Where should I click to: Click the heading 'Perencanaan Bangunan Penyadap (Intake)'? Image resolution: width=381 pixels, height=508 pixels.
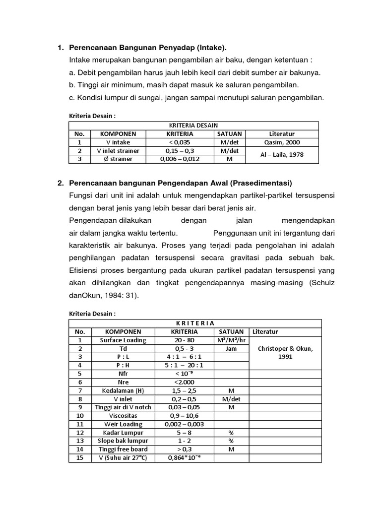pyautogui.click(x=147, y=48)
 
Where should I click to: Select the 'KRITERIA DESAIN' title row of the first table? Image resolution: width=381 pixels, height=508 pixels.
pyautogui.click(x=193, y=126)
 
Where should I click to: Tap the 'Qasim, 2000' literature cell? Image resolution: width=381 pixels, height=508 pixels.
pyautogui.click(x=282, y=142)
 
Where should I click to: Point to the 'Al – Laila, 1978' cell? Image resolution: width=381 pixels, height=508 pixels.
pyautogui.click(x=282, y=154)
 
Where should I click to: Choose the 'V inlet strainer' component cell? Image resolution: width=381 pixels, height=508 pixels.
pyautogui.click(x=118, y=150)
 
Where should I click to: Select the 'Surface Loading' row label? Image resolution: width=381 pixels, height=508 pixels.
pyautogui.click(x=123, y=340)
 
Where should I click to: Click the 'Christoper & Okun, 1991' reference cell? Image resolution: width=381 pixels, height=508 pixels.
pyautogui.click(x=285, y=352)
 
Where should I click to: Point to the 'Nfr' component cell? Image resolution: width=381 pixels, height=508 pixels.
pyautogui.click(x=123, y=374)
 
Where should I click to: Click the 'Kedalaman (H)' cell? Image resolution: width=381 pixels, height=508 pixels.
pyautogui.click(x=123, y=391)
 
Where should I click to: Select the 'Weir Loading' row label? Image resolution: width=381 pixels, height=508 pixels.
pyautogui.click(x=123, y=424)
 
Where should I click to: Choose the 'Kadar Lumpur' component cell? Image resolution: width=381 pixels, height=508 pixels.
pyautogui.click(x=123, y=433)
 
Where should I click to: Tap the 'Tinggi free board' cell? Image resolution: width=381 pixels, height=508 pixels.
pyautogui.click(x=123, y=449)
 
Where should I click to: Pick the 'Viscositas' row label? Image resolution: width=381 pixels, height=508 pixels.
pyautogui.click(x=123, y=416)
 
